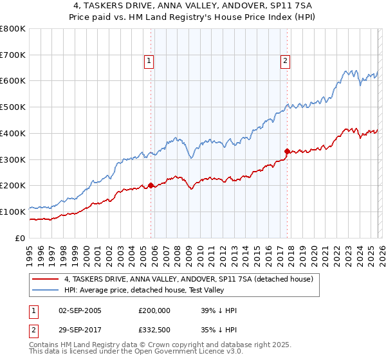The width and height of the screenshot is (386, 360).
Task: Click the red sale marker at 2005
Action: (151, 185)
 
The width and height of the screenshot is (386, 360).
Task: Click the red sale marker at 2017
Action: (287, 151)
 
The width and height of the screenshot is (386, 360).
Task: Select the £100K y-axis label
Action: (13, 212)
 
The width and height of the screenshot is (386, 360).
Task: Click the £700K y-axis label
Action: (13, 55)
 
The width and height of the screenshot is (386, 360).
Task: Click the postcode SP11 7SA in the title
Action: (292, 5)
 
